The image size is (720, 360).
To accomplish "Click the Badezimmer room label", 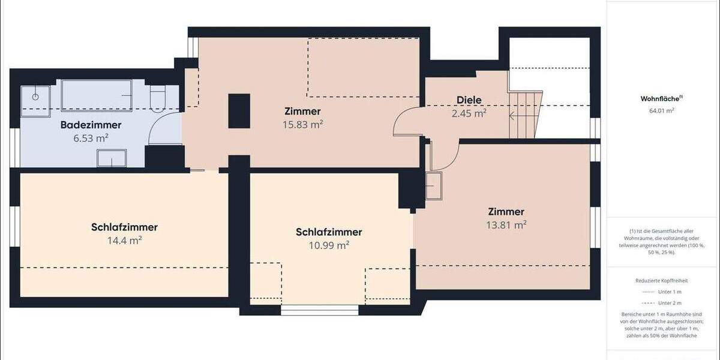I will (x=91, y=125).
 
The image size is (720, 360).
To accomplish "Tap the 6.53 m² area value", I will (x=91, y=138).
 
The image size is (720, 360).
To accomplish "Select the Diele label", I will (x=469, y=100).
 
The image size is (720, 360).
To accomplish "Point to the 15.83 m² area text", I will (x=302, y=124).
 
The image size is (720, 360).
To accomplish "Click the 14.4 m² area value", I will (x=124, y=241).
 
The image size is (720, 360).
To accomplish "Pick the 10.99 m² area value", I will (x=328, y=245).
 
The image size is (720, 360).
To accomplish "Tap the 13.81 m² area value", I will (x=506, y=225).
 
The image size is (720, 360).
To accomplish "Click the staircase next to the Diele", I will (x=525, y=114).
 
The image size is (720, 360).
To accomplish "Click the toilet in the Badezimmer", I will (x=157, y=99).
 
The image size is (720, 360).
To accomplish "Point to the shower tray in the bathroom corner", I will (x=36, y=96).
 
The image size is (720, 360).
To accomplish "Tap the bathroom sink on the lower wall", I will (x=112, y=158).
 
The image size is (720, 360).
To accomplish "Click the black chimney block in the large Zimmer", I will (x=239, y=111).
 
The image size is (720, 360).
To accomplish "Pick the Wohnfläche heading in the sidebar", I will (x=657, y=99).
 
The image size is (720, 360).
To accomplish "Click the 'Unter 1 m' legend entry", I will (x=669, y=292).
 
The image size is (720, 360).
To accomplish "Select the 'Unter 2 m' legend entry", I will (x=669, y=303).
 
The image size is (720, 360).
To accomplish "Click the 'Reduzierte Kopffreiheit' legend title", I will (x=661, y=280).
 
